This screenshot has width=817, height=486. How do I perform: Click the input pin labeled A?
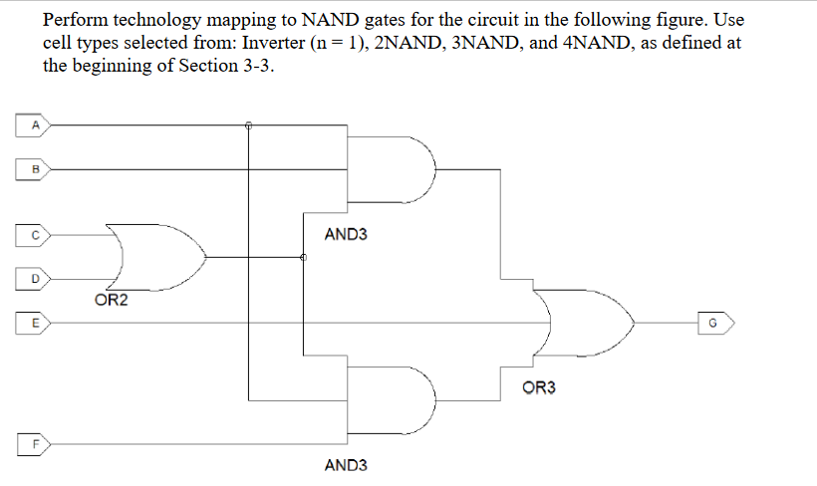(35, 125)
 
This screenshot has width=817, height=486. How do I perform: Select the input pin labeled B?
(35, 169)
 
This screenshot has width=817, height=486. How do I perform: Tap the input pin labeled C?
(35, 236)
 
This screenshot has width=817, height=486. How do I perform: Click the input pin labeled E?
(35, 322)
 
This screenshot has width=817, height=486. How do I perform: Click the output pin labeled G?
(716, 322)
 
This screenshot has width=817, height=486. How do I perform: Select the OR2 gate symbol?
(159, 257)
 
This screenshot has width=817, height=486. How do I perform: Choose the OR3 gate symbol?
(583, 322)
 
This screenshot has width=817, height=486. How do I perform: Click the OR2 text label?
(111, 300)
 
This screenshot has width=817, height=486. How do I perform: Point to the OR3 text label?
(539, 386)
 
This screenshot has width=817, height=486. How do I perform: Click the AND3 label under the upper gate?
(346, 235)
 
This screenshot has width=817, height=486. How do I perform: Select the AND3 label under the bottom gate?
(346, 465)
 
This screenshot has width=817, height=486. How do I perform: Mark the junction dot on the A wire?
(249, 125)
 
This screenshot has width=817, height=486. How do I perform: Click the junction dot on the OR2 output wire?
(303, 257)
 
